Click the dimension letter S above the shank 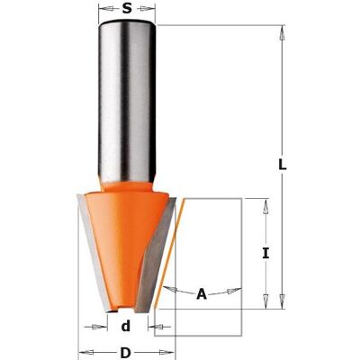point(127,8)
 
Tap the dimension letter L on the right point(283,165)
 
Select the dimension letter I point(265,254)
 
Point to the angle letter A point(202,294)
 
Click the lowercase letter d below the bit point(127,326)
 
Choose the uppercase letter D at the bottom point(126,352)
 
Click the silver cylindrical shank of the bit point(127,102)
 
